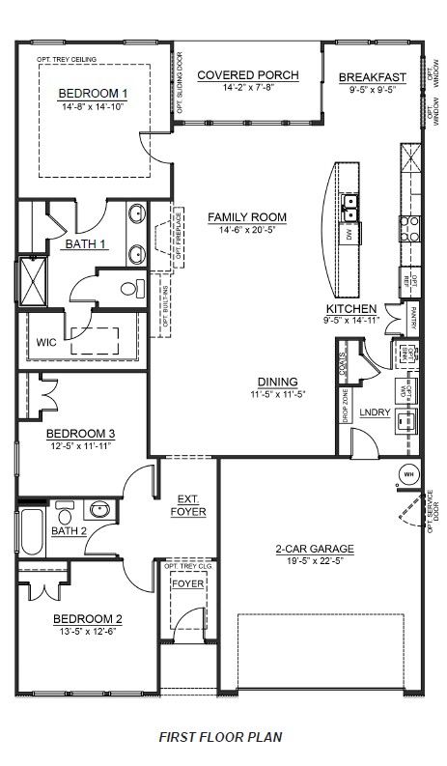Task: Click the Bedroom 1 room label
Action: click(94, 93)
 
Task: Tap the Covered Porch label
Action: click(247, 75)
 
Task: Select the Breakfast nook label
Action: click(372, 78)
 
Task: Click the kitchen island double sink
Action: click(350, 205)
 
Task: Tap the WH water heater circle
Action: click(407, 475)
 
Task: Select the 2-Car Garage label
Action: click(315, 549)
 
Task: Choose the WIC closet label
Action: click(47, 342)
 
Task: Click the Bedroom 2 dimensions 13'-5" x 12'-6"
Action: click(87, 632)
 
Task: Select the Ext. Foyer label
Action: click(188, 505)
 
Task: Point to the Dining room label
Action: click(277, 381)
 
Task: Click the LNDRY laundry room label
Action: click(374, 413)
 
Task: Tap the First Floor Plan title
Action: click(223, 736)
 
